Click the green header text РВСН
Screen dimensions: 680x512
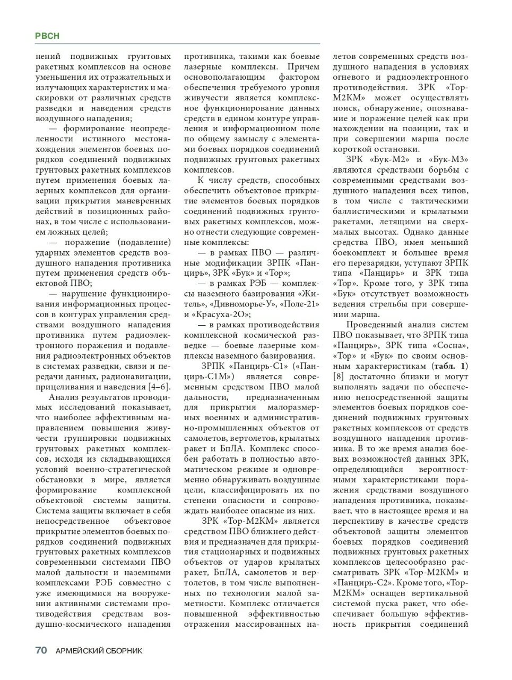(47, 36)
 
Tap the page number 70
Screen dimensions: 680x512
(41, 650)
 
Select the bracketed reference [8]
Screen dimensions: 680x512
(339, 376)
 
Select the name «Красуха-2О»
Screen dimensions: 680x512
(218, 314)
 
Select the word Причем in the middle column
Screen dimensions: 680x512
(303, 67)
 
